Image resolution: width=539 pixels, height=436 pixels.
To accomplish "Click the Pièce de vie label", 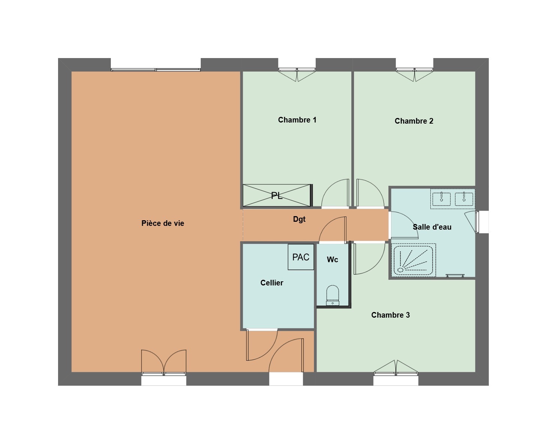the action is coord(163,223).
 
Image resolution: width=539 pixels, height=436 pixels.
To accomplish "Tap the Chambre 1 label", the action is coord(297,120).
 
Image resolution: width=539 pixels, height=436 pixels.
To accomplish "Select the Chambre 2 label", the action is coord(414,121).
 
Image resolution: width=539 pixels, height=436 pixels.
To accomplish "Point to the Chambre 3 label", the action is coord(390,315).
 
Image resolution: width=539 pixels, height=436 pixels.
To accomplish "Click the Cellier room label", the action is coord(272,283).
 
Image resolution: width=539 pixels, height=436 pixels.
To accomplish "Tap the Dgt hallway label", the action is coord(299,219).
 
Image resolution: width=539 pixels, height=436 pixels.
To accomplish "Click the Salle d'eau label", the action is coord(432,227).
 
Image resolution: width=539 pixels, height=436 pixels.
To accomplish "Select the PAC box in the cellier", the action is coord(301,257).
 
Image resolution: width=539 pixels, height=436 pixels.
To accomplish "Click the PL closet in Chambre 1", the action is coord(277,196).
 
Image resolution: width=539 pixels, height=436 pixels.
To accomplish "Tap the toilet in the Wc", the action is coord(332,295).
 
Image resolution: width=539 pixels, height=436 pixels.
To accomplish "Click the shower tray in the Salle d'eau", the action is coord(413,260).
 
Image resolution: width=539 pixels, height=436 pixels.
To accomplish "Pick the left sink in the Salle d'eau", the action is coord(441,199).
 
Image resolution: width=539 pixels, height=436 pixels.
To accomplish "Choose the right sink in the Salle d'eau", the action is coord(464,199).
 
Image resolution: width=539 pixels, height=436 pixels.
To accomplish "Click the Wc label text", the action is coord(332,259).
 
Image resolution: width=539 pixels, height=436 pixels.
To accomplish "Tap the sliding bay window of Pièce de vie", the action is coord(155,70).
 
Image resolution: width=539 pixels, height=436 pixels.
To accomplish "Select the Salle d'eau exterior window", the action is coord(477,222).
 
